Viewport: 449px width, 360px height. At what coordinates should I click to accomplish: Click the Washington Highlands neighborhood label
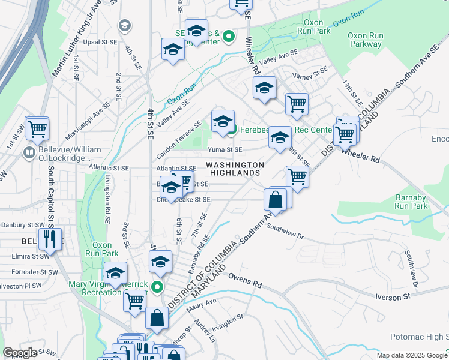[235, 169]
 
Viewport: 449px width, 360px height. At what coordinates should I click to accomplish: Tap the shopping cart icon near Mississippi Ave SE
[37, 127]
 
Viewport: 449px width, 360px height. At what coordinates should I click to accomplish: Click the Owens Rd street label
[246, 280]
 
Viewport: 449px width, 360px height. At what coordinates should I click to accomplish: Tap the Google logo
[20, 353]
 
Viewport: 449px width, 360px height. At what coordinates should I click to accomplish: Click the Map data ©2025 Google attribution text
[412, 355]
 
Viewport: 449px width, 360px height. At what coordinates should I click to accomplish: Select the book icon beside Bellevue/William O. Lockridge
[29, 154]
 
